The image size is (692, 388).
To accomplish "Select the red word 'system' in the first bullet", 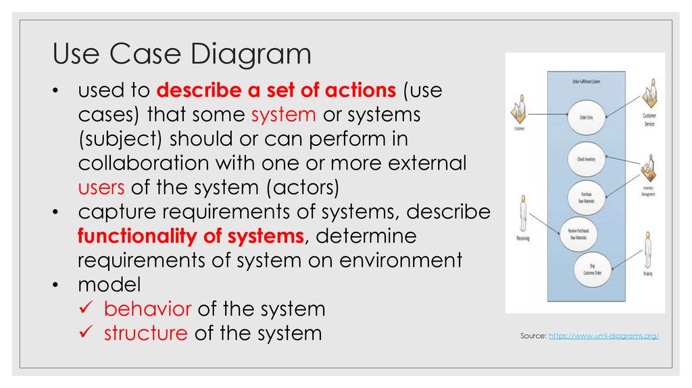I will click(x=283, y=114).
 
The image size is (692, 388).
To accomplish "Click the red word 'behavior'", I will click(x=147, y=309).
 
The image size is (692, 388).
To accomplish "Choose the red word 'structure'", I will click(x=145, y=333).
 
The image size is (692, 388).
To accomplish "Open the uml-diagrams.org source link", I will click(x=603, y=336).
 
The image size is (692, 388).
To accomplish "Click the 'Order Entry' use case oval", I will click(x=586, y=116).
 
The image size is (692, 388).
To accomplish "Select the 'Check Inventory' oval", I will click(x=586, y=159).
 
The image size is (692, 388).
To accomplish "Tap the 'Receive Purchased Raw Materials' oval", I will click(x=583, y=233).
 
